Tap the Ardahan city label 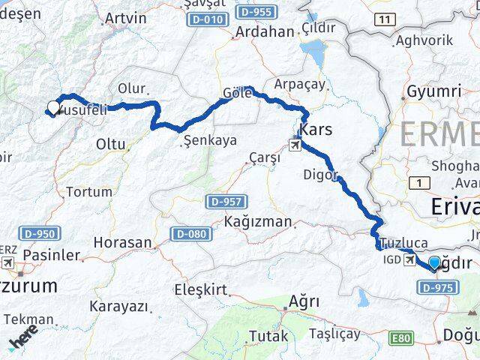coord(265,31)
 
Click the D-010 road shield coord(206,19)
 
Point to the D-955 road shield coord(256,13)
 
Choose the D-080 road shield coord(190,234)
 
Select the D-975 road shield coord(438,287)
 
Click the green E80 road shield coord(401,338)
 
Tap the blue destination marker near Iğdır coord(434,262)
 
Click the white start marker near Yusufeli coord(53,107)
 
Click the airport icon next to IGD coord(410,259)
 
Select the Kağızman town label coord(257,222)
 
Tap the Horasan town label coord(122,243)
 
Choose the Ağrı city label coord(304,302)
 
